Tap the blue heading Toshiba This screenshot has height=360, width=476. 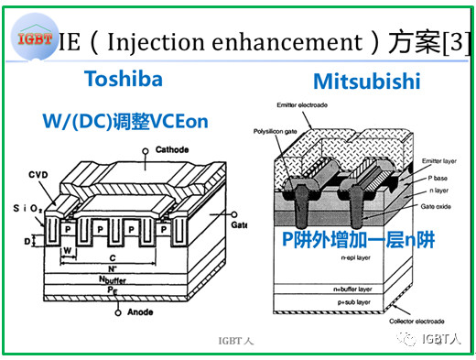[x=123, y=79]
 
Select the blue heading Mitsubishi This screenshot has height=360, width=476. [x=366, y=82]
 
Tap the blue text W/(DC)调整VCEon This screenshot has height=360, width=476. [x=119, y=120]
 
